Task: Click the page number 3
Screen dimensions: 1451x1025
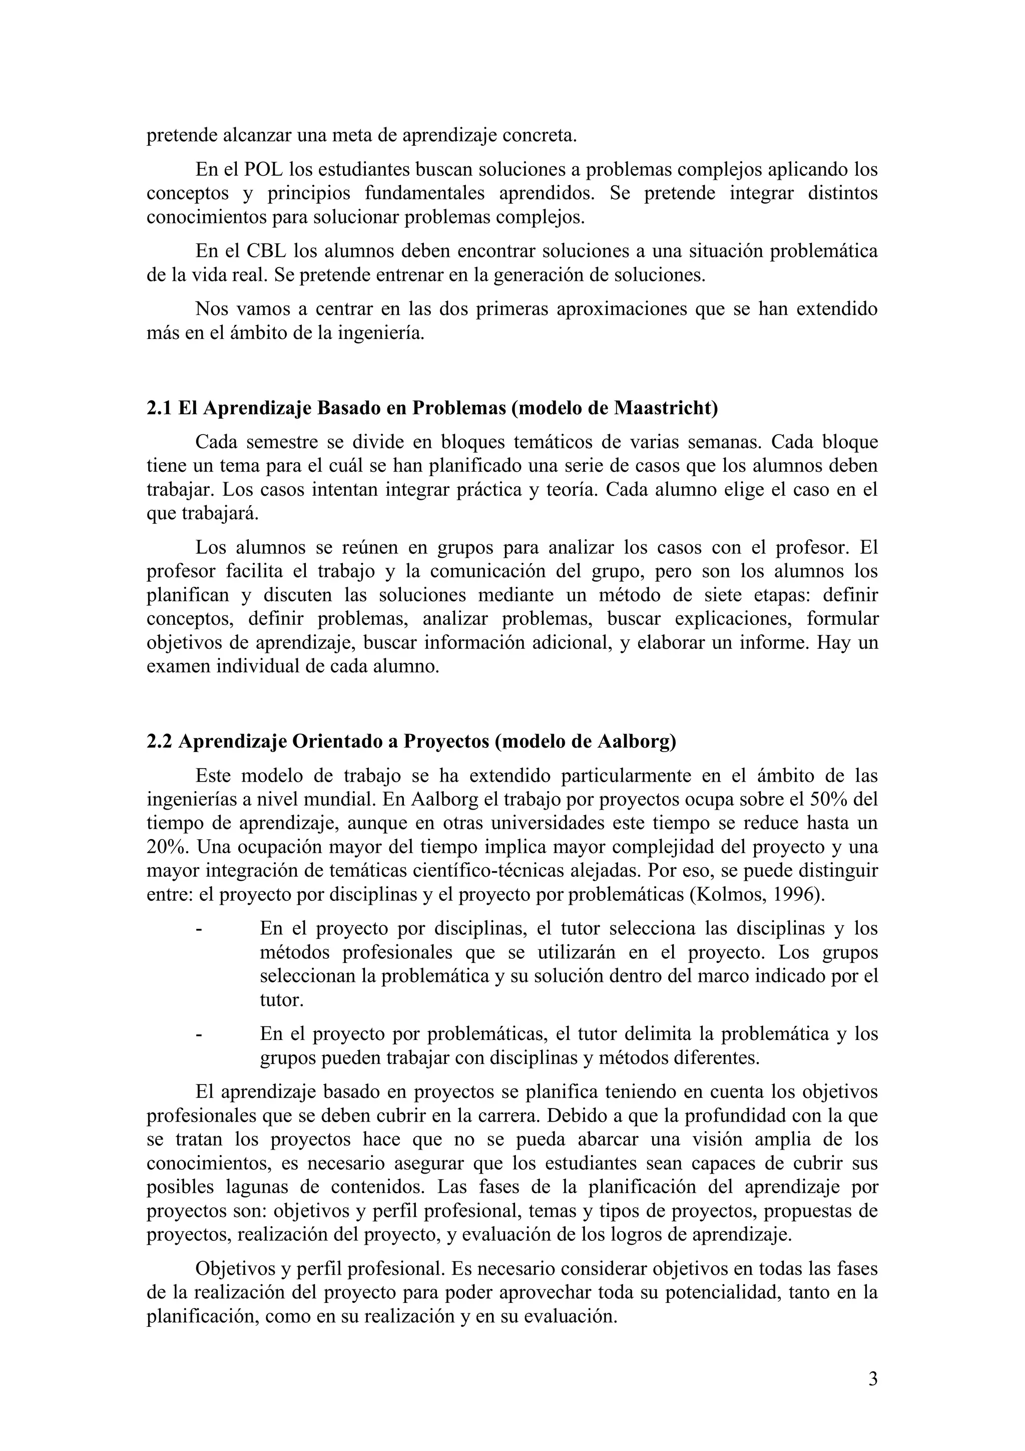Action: coord(873,1378)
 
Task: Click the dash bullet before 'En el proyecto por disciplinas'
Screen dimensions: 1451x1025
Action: coord(200,929)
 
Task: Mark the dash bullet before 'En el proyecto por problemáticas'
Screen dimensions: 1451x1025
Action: coord(200,1034)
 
